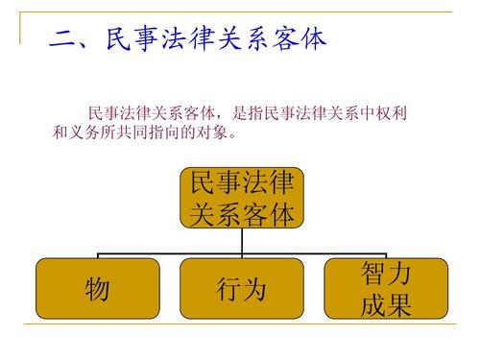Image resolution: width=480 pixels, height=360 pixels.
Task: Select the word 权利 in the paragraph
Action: [393, 113]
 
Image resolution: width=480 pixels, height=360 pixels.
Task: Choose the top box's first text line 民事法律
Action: [241, 183]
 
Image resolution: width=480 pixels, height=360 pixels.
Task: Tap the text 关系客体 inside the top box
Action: [241, 212]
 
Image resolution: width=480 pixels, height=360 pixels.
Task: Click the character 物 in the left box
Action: [97, 289]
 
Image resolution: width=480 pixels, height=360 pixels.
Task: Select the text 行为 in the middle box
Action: [241, 289]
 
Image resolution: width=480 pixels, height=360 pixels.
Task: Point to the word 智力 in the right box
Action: [386, 274]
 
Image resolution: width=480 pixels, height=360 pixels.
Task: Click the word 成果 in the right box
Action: [386, 305]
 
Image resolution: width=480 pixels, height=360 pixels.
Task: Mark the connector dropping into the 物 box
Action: [97, 252]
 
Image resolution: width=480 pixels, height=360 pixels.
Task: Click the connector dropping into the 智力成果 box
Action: [386, 252]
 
